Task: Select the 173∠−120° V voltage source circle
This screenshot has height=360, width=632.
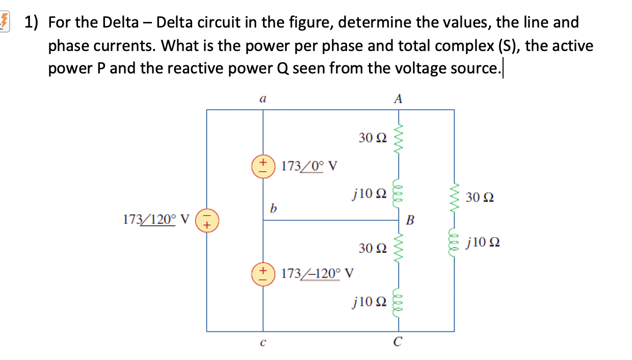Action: (x=263, y=273)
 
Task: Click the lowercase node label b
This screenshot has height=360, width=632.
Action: (x=274, y=208)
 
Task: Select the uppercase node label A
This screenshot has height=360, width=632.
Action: (x=398, y=99)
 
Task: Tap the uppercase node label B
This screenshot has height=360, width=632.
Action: (x=410, y=221)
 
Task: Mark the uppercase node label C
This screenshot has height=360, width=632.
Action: (x=398, y=343)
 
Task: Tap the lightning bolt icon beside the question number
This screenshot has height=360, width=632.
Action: (x=5, y=22)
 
